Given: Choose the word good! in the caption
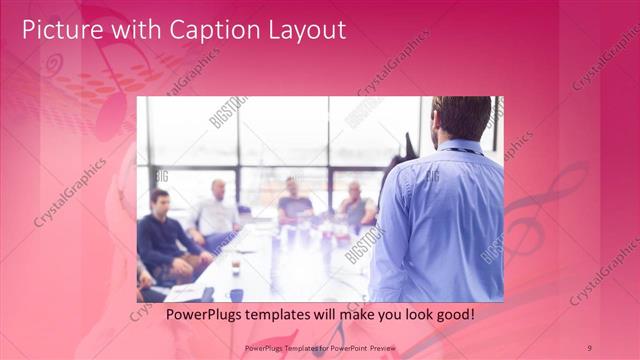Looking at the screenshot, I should coord(451,314).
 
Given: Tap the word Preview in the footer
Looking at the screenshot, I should coord(388,347).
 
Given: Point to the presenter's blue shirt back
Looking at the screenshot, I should coord(440,220).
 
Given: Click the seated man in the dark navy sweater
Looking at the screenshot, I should coord(165,235).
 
